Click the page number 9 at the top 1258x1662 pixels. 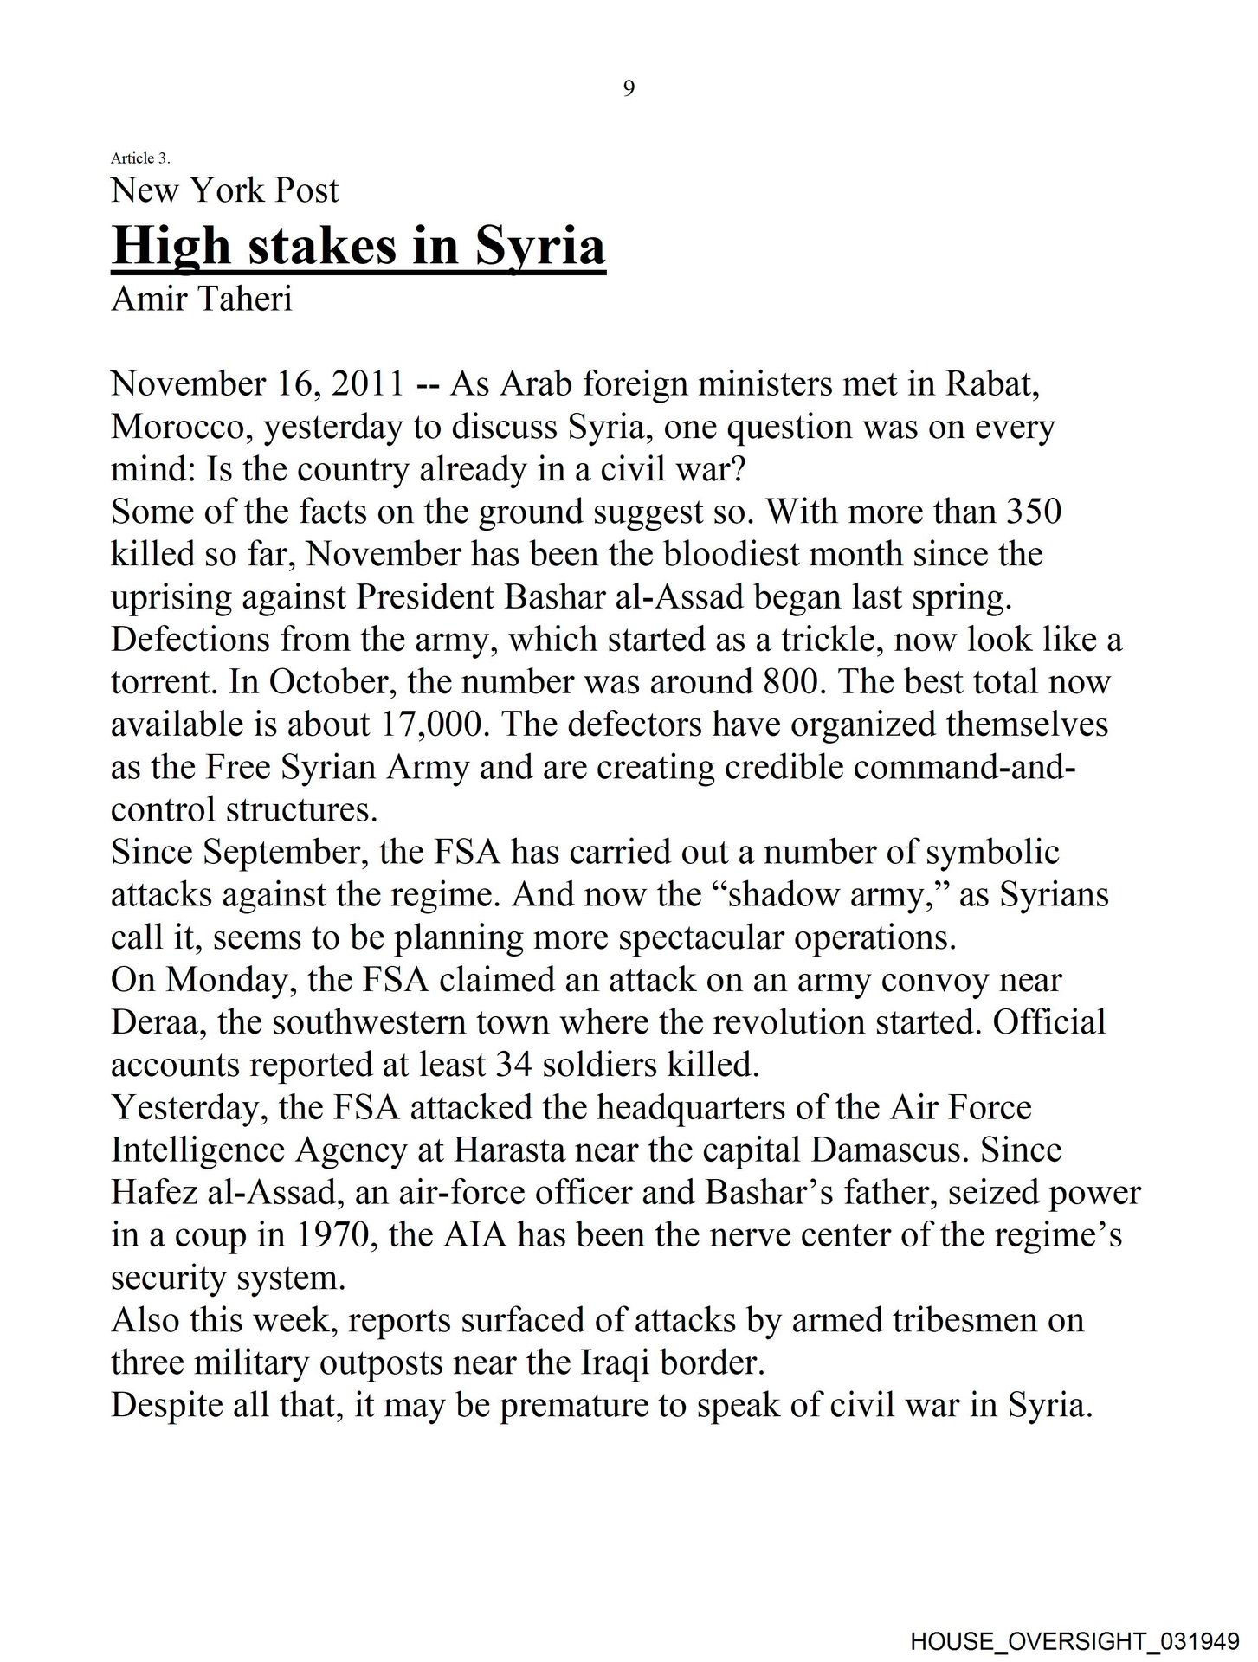(x=629, y=88)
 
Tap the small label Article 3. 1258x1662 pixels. (x=140, y=158)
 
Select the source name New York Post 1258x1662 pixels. (x=224, y=190)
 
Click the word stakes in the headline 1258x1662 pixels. (x=319, y=246)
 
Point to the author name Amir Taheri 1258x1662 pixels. (x=201, y=300)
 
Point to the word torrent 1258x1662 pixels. (x=165, y=682)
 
